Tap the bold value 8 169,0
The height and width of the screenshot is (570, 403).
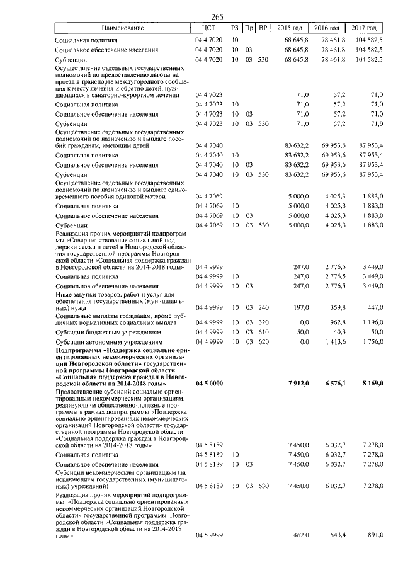point(370,384)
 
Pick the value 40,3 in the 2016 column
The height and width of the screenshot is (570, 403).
point(338,331)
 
